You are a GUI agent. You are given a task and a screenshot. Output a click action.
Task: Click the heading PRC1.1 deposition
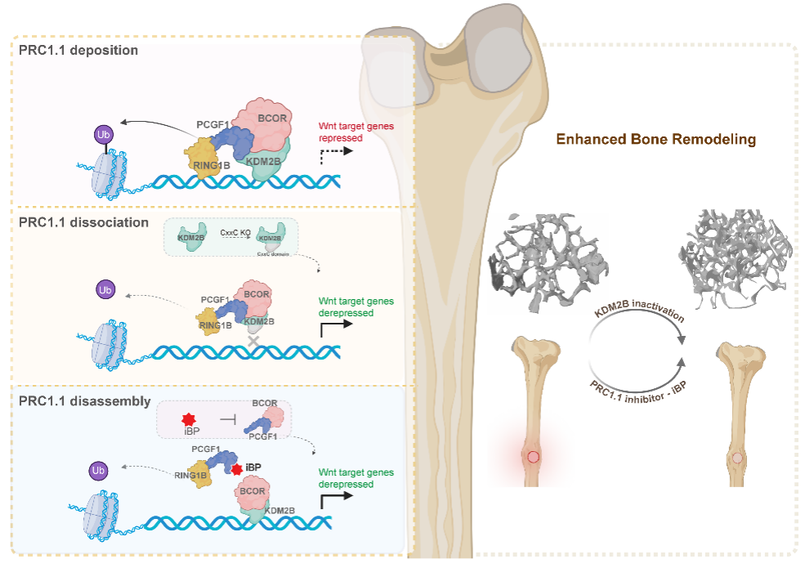(x=78, y=50)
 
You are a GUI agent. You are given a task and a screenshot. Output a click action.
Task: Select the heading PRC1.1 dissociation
(x=83, y=221)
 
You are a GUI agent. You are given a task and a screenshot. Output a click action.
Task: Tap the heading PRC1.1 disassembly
(x=84, y=401)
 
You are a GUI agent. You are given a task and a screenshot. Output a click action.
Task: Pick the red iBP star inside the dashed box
(x=191, y=418)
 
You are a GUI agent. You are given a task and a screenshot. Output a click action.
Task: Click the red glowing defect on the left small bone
(x=534, y=457)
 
